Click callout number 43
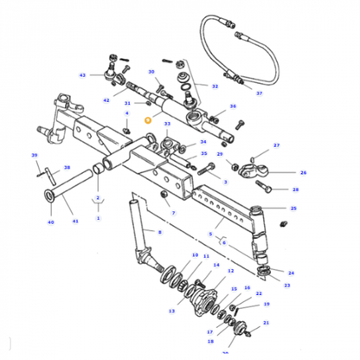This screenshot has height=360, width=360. [x=82, y=75]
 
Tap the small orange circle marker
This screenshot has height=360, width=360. [x=147, y=120]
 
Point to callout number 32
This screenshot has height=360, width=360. [x=215, y=87]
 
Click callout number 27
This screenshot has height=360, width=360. [x=277, y=145]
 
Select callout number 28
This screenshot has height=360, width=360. [x=295, y=189]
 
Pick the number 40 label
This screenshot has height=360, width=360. [x=50, y=222]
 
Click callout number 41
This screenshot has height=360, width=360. [x=74, y=222]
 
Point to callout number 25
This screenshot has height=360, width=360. [x=293, y=209]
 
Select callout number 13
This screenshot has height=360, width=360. [x=171, y=311]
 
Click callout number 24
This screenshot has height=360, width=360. [x=290, y=273]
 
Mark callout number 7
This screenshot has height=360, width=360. [x=173, y=213]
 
